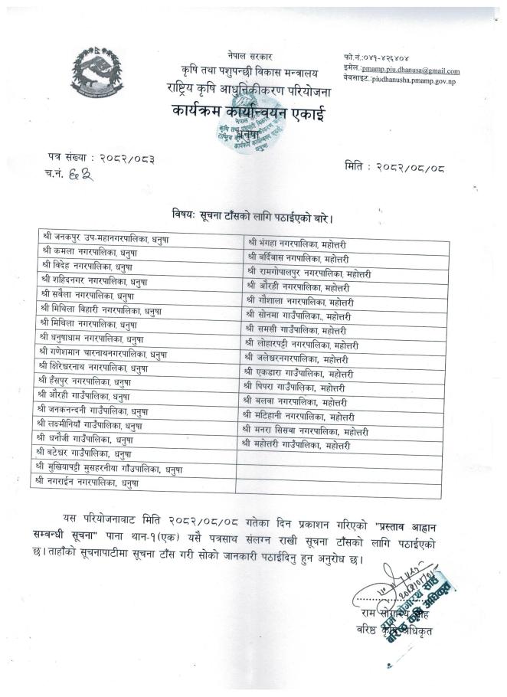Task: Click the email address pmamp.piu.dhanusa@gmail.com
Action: pos(416,70)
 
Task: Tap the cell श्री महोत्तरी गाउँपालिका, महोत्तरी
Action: pos(298,443)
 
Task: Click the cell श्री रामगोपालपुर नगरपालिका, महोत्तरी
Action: pos(308,272)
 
